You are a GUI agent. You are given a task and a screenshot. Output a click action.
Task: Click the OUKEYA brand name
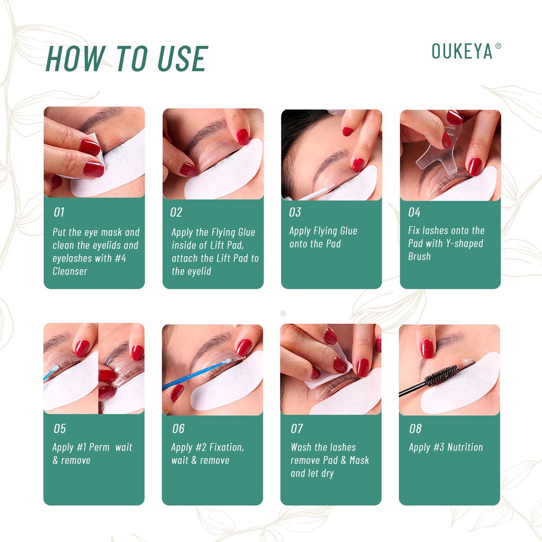[462, 51]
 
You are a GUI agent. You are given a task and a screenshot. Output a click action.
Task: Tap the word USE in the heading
[183, 59]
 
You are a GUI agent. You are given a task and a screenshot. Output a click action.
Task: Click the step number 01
[59, 212]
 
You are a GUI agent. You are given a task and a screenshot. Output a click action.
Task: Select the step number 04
[414, 212]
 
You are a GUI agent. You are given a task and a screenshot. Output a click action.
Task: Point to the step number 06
[178, 429]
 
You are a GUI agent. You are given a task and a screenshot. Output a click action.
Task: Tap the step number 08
[415, 429]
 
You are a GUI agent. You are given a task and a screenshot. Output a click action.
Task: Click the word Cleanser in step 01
[70, 272]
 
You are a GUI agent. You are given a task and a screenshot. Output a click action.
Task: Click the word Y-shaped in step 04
[464, 243]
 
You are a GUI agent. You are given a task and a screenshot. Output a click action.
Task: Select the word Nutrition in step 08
[465, 447]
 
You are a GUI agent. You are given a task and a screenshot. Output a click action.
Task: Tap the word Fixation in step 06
[227, 447]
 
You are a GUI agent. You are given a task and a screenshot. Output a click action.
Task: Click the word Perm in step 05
[99, 447]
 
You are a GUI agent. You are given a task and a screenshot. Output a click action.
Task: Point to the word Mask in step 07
[359, 460]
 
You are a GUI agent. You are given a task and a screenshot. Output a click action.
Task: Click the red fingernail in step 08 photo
[428, 348]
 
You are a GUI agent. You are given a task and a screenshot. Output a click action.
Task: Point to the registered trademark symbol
[498, 46]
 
